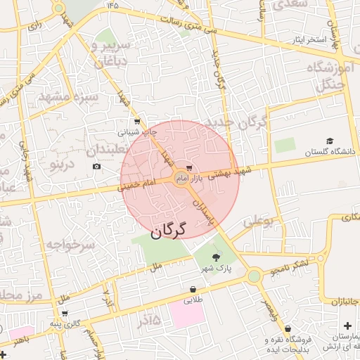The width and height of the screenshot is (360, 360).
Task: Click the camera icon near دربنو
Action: tap(96, 167)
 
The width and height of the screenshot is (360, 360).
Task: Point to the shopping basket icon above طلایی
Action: tap(193, 289)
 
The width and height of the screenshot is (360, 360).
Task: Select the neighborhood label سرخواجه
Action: tap(70, 245)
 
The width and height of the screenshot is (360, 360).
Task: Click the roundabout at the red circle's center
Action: tap(181, 177)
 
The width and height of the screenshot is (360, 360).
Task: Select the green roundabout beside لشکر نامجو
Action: tap(254, 276)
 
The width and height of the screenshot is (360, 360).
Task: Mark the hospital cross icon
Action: tap(348, 326)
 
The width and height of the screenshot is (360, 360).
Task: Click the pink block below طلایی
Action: tap(186, 314)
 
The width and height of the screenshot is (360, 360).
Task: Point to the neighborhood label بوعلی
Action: tap(257, 221)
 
